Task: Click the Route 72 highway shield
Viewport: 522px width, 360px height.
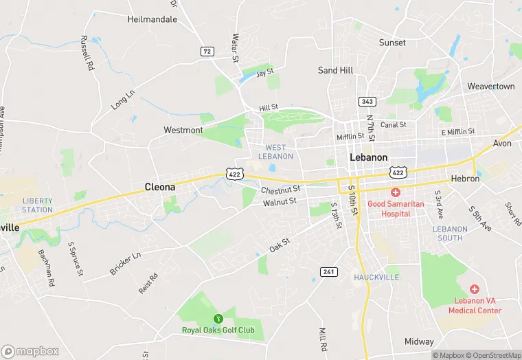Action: click(207, 52)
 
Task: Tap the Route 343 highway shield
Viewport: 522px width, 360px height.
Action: click(367, 102)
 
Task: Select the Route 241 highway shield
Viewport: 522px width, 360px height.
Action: click(329, 272)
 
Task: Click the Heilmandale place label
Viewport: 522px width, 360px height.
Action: click(152, 19)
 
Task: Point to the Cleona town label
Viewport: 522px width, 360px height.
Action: click(159, 186)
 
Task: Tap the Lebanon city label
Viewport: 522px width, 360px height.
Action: click(369, 157)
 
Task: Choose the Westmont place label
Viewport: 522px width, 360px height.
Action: click(183, 130)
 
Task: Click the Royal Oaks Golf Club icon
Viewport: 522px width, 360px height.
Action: click(218, 318)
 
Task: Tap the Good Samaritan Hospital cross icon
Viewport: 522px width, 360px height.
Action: click(396, 192)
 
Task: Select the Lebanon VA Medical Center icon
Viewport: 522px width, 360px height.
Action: click(473, 289)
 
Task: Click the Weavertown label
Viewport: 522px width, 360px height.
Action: click(491, 87)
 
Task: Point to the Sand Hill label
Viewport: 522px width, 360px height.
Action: click(336, 70)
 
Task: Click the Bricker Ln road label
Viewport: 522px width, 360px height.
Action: click(125, 264)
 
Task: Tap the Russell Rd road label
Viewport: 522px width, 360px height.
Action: click(87, 54)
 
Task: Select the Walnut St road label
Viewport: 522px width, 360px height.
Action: click(280, 201)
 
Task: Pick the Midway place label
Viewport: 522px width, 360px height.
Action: click(419, 341)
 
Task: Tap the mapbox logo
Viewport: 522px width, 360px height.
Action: click(31, 351)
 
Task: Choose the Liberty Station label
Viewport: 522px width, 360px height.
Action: click(37, 205)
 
